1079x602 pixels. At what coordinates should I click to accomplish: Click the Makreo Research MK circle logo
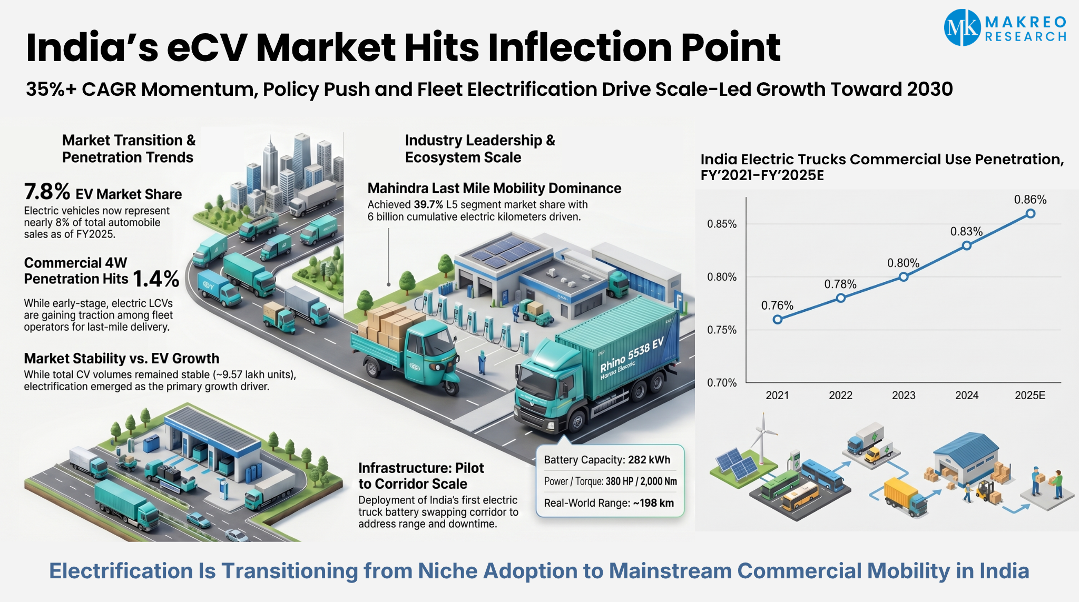962,27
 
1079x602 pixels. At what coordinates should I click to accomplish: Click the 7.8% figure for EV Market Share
47,192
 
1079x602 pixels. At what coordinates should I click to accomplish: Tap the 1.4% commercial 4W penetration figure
156,279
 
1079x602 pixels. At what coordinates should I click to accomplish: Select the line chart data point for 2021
778,319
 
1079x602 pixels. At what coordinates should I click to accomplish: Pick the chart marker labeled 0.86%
1031,213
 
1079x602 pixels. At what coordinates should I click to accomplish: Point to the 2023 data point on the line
904,277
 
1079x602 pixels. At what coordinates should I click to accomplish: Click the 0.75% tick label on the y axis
722,330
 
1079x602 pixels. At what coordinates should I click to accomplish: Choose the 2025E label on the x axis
1030,396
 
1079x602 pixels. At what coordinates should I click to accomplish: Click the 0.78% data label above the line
840,284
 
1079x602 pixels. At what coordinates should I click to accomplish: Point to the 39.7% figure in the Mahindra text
428,204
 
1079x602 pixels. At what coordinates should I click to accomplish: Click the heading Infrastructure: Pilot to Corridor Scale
420,476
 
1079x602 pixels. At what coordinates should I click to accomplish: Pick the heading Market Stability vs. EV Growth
122,359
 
